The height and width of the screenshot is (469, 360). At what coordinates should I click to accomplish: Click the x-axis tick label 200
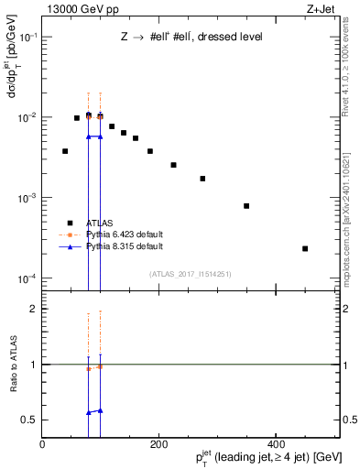158,444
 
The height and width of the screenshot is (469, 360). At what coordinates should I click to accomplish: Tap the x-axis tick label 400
274,444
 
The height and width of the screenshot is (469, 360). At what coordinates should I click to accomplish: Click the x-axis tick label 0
43,444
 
